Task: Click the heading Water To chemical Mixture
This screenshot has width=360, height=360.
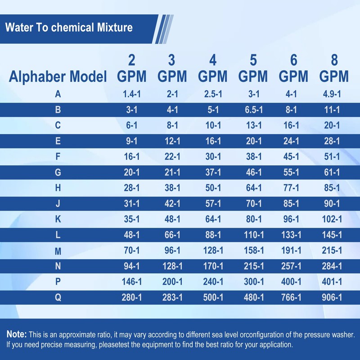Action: [69, 27]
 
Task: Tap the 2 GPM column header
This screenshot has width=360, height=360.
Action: [131, 68]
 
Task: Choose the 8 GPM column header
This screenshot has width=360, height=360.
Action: [334, 68]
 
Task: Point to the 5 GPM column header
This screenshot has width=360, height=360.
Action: [253, 68]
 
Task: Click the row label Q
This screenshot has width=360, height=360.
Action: [58, 297]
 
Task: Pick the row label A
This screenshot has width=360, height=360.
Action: [58, 94]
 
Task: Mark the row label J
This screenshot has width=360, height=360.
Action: [58, 203]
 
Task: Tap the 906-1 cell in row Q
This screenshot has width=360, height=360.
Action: [332, 297]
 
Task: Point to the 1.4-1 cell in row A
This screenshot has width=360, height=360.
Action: [131, 94]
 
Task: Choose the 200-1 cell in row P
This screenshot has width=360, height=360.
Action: [172, 282]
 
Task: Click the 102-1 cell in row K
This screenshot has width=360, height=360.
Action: [332, 219]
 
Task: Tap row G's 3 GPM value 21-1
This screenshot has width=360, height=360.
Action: [172, 172]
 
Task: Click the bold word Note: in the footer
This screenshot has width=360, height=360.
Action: [17, 335]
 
